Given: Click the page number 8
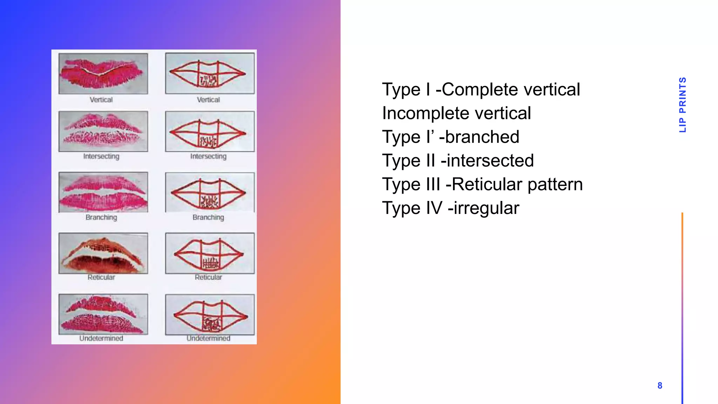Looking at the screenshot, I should coord(660,386).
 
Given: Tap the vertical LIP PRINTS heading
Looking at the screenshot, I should coord(682,105).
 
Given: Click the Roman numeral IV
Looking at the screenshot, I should coord(434,208).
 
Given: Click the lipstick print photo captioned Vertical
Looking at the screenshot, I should coord(103,74).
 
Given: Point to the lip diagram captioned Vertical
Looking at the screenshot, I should coord(210,73).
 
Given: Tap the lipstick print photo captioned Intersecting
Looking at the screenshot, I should coord(103,132).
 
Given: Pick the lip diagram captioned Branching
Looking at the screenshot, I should coord(210,193).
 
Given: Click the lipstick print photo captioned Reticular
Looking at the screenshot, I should coord(103,253).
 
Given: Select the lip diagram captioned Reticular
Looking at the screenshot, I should coord(210,253).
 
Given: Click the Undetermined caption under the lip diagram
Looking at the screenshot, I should coord(208,338).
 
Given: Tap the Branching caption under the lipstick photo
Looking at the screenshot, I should coord(101,217).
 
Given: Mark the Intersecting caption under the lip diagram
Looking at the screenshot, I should coord(208,156).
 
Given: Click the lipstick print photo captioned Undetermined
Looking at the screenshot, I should coord(103,314).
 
